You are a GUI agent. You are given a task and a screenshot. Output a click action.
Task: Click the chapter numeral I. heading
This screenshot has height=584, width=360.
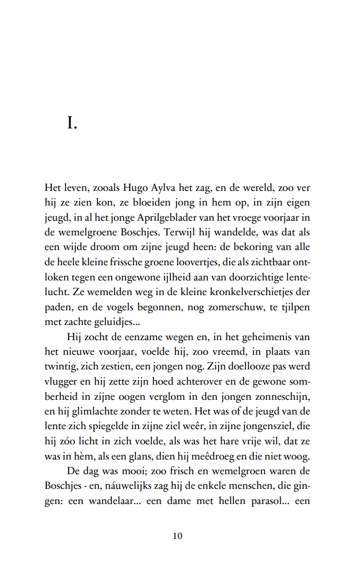[x=72, y=123]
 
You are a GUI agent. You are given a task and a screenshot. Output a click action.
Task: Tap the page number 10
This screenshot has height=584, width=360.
[x=177, y=536]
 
